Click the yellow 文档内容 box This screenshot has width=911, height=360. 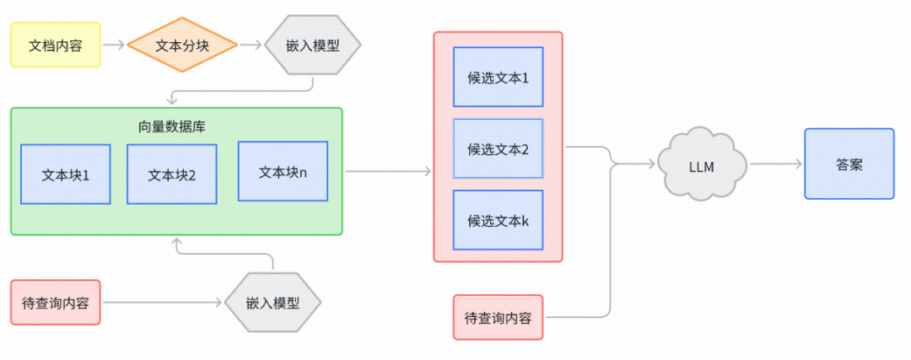pyautogui.click(x=56, y=46)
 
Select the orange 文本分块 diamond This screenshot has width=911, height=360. pyautogui.click(x=181, y=46)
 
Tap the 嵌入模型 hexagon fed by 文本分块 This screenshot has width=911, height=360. pyautogui.click(x=313, y=46)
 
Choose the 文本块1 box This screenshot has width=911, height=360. pyautogui.click(x=66, y=175)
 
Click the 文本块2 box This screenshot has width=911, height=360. pyautogui.click(x=172, y=175)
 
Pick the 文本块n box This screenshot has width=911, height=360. pyautogui.click(x=283, y=171)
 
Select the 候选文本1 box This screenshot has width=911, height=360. pyautogui.click(x=498, y=77)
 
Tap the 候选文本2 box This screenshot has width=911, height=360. pyautogui.click(x=498, y=148)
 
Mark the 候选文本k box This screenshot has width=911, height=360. pyautogui.click(x=498, y=221)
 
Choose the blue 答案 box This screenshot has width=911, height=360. pyautogui.click(x=849, y=164)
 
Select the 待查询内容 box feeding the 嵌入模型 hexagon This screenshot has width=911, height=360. pyautogui.click(x=56, y=302)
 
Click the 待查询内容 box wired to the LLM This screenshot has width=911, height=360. pyautogui.click(x=498, y=317)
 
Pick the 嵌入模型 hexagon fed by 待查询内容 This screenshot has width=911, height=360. pyautogui.click(x=273, y=302)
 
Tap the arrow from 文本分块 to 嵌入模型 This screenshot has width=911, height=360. pyautogui.click(x=249, y=46)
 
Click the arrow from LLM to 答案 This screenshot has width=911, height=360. pyautogui.click(x=775, y=164)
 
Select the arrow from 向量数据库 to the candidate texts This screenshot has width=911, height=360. pyautogui.click(x=388, y=171)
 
